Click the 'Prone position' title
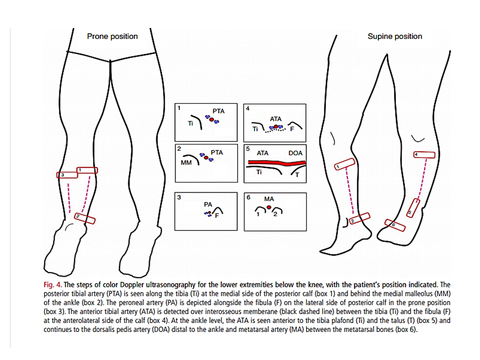point(112,36)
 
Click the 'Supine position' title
point(394,36)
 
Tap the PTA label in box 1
point(218,111)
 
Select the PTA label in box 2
point(216,151)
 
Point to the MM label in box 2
point(186,163)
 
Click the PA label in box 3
point(208,204)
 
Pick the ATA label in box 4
point(275,119)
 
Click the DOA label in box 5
point(295,153)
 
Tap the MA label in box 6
point(269,198)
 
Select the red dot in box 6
point(269,206)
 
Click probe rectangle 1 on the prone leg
point(87,170)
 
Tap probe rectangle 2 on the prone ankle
point(84,217)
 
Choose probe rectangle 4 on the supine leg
point(423,154)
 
